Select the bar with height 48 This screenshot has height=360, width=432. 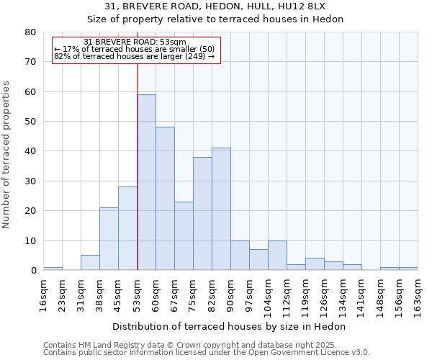pos(165,199)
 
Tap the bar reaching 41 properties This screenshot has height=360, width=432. pos(221,209)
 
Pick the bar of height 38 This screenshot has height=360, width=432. pos(202,213)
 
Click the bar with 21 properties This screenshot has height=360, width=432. pos(109,239)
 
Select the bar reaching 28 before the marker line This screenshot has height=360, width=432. pos(127,228)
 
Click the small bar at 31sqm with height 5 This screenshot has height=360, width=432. pos(90,263)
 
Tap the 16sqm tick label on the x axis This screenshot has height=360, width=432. pos(44,292)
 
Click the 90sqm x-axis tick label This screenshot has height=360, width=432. pos(231,292)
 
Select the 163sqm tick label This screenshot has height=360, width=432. pos(418,292)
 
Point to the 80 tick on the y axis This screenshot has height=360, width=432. pos(30,32)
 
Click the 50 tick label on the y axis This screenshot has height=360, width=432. pos(30,122)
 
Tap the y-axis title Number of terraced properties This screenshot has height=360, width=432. pos(6,154)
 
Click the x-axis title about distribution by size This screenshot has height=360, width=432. pos(229,326)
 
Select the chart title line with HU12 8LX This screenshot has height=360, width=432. pos(215,6)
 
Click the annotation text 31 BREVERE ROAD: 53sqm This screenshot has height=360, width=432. pos(135,42)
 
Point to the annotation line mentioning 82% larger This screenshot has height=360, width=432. pos(135,56)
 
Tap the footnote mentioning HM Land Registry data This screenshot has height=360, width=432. pos(200,345)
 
